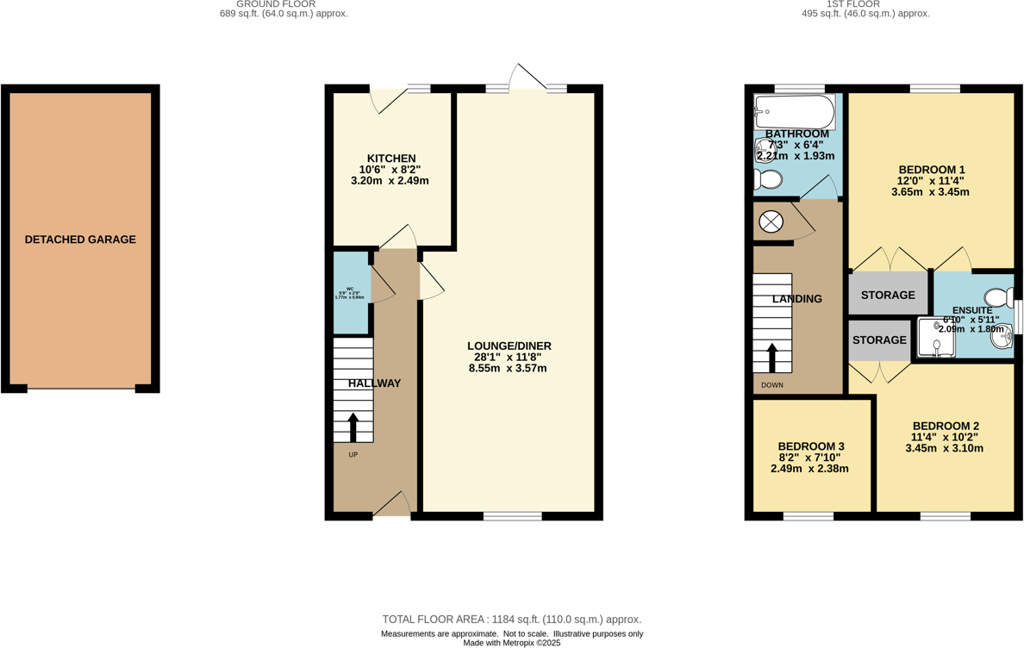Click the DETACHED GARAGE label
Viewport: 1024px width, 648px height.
[x=80, y=240]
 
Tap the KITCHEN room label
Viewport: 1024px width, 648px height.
[x=391, y=159]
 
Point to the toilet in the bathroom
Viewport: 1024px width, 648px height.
[x=767, y=179]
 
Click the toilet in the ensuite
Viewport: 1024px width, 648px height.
[x=1000, y=297]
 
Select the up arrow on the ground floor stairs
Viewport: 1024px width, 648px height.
[x=353, y=427]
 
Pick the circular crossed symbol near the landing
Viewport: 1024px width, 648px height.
[x=771, y=222]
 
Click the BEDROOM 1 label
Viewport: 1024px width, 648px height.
[x=931, y=169]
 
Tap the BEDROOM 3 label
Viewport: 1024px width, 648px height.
[x=811, y=446]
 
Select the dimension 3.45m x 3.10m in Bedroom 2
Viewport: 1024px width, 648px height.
[x=945, y=449]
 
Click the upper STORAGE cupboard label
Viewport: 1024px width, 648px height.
[x=888, y=295]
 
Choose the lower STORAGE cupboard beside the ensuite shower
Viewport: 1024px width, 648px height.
[x=879, y=340]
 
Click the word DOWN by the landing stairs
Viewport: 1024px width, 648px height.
[x=772, y=385]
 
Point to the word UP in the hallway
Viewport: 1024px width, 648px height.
[x=353, y=455]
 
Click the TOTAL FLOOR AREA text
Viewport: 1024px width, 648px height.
[x=511, y=620]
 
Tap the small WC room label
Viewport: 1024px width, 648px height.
[x=350, y=290]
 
